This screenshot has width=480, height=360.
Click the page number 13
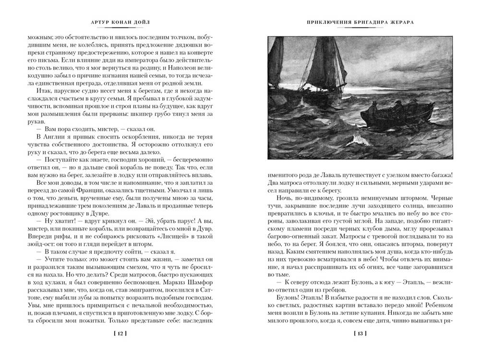[x=360, y=333]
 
